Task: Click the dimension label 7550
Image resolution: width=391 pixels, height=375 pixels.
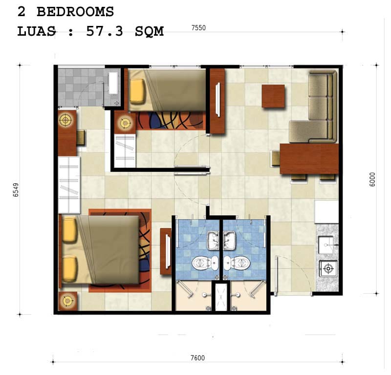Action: coord(198,28)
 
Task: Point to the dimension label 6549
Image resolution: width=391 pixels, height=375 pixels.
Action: coord(16,190)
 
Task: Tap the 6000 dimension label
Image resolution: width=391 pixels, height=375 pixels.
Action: coord(372,179)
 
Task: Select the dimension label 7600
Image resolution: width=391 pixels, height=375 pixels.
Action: coord(197,358)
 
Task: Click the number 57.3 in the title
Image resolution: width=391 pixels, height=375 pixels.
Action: coord(105,31)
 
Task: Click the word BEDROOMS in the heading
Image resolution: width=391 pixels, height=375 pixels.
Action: coord(75,12)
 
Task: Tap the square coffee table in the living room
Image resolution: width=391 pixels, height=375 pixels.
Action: coord(273,96)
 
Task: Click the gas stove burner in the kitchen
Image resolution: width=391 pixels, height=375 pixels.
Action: coord(328,268)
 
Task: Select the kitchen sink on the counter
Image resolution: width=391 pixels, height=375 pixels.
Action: coord(326,245)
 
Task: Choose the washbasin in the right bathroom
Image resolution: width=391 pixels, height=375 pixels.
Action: coord(229,240)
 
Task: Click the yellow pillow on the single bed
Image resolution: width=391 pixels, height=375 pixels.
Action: coord(137,91)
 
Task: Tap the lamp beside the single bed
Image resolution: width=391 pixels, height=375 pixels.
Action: coord(125,123)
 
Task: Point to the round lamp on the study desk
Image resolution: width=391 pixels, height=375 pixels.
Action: coord(65,120)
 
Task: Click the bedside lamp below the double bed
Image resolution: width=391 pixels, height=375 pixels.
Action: coord(67,301)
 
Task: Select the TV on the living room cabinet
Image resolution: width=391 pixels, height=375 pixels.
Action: coord(218,100)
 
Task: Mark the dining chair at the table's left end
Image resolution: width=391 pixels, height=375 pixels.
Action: coord(276,158)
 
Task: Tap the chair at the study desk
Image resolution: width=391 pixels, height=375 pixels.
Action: coord(81,137)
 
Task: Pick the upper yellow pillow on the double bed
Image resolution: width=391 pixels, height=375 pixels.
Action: coord(69,229)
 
